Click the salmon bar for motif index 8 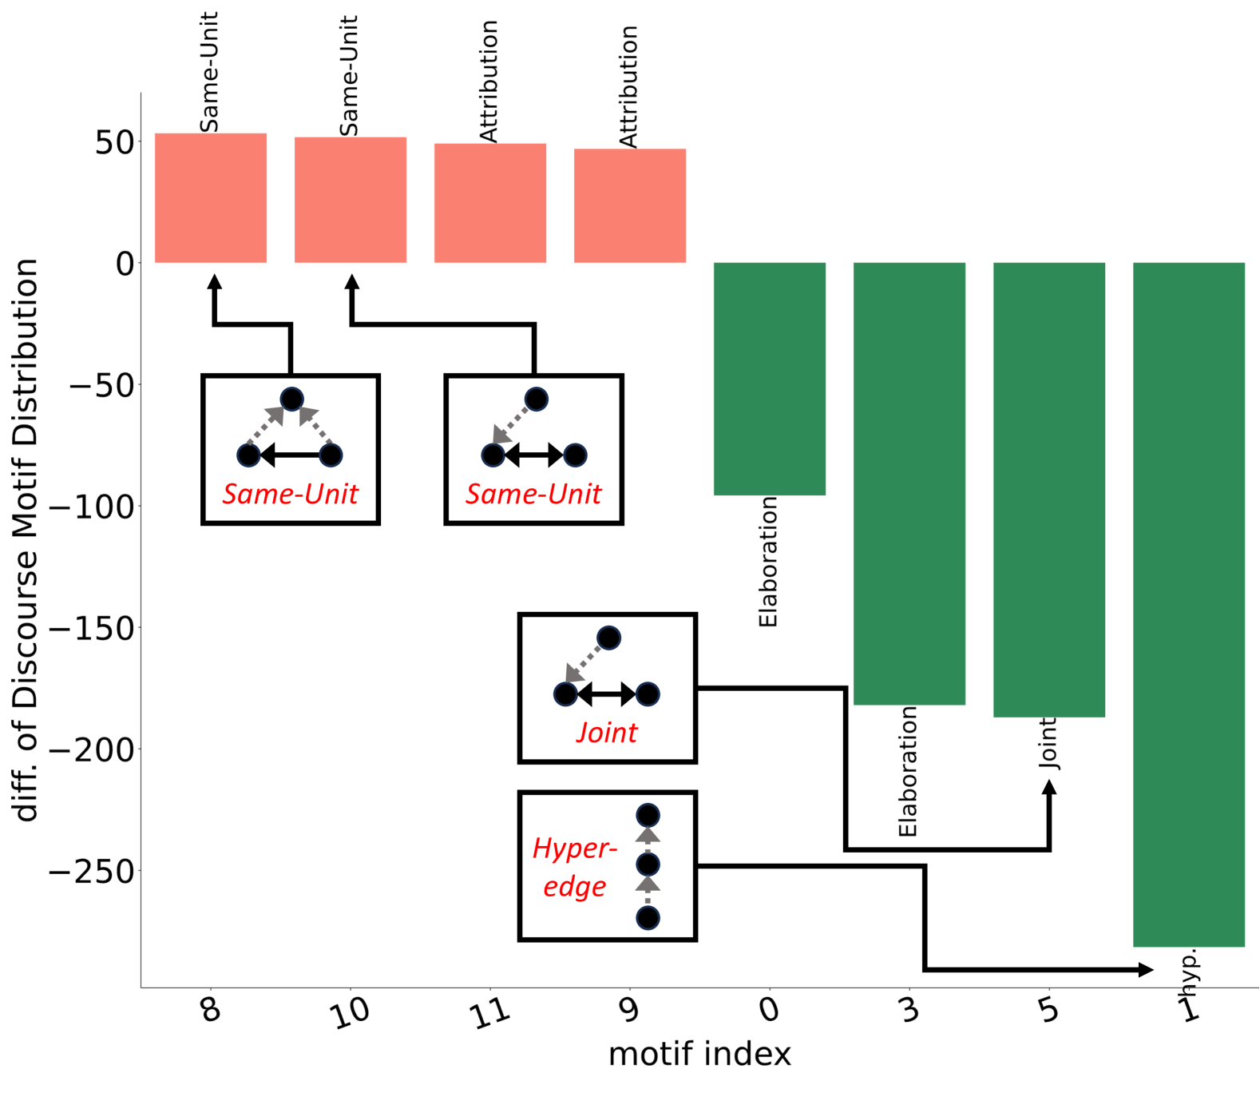(210, 197)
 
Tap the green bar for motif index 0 (769, 378)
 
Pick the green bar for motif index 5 (1048, 489)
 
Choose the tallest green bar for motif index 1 (1188, 604)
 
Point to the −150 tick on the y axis (91, 629)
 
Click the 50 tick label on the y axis (114, 143)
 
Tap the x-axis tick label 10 (351, 1013)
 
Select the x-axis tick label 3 (909, 1011)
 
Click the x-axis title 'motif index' (699, 1055)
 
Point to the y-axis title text (26, 540)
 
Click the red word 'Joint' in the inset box (607, 733)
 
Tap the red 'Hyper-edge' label (574, 867)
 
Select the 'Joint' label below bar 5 (1048, 743)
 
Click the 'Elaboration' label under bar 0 (768, 562)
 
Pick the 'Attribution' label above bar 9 (629, 86)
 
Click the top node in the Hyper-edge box (648, 815)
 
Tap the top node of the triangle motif (291, 399)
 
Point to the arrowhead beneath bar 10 (351, 281)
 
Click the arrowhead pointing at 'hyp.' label (1147, 970)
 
